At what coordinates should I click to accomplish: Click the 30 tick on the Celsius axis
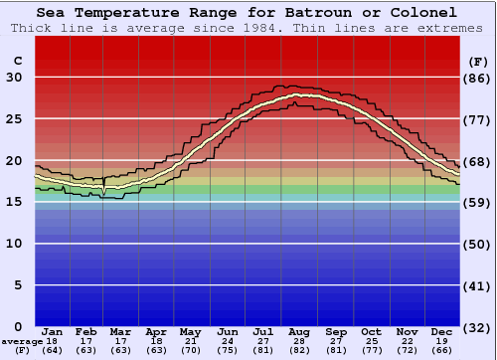14,78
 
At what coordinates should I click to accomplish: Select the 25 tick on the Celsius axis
14,119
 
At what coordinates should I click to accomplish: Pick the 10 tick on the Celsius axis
14,244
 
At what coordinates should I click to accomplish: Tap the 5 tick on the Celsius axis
18,285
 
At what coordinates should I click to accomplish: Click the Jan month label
53,331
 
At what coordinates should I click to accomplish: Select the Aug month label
299,331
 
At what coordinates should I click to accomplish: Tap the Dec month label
441,331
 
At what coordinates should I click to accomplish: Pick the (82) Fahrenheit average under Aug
299,350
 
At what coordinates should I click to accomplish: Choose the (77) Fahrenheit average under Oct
371,350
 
